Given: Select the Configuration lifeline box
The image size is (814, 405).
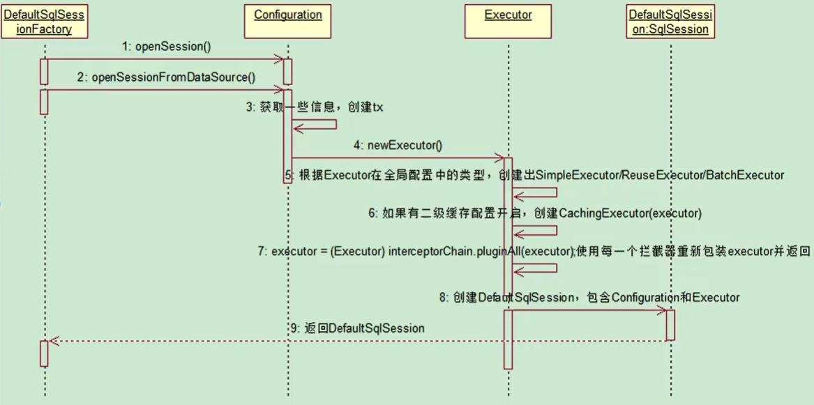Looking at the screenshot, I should pos(288,15).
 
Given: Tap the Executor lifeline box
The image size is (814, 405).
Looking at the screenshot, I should pos(508,15).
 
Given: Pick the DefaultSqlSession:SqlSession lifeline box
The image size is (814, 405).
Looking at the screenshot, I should pos(668,22).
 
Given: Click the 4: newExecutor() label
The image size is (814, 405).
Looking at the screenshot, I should pos(398,146).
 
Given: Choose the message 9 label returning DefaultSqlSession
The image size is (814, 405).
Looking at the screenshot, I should pos(357,328).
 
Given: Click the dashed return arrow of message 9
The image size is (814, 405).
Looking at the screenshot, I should pos(349,341).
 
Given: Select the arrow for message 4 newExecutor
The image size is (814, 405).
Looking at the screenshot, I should pos(398,158).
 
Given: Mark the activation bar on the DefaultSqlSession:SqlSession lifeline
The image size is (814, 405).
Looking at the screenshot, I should pos(670,325).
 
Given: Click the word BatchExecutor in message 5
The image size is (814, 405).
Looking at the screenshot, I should pos(744,175).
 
